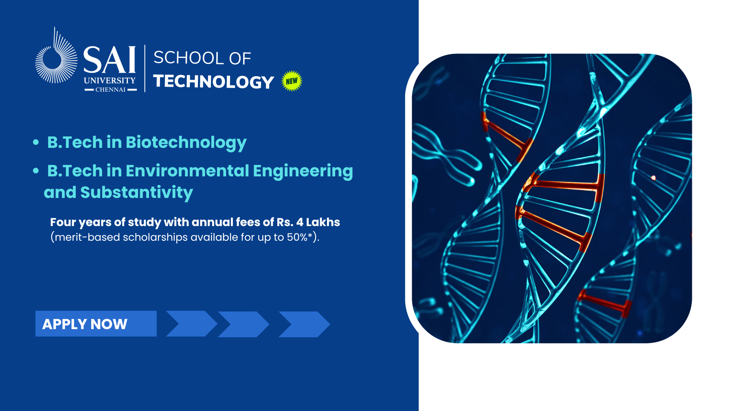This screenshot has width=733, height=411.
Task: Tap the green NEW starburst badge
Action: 292,81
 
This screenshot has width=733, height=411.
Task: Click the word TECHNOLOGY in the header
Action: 213,82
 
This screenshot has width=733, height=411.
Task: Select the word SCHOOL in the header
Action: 189,58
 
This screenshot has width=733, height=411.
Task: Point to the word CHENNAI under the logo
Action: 110,90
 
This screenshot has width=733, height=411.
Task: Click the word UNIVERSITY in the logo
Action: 110,81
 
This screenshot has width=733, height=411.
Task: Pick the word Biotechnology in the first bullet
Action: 186,143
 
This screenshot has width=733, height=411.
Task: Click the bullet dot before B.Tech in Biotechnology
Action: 36,142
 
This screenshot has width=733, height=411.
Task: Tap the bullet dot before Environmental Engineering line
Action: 36,171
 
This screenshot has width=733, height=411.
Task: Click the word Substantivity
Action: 136,193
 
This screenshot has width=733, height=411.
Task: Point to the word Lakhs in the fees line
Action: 323,222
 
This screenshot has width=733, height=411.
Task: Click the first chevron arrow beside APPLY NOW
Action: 191,324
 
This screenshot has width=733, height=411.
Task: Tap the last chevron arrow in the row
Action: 304,324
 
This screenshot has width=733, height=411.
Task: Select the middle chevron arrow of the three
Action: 244,324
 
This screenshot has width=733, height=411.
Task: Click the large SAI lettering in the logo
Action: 110,60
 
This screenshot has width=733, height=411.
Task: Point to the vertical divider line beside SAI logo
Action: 145,68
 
